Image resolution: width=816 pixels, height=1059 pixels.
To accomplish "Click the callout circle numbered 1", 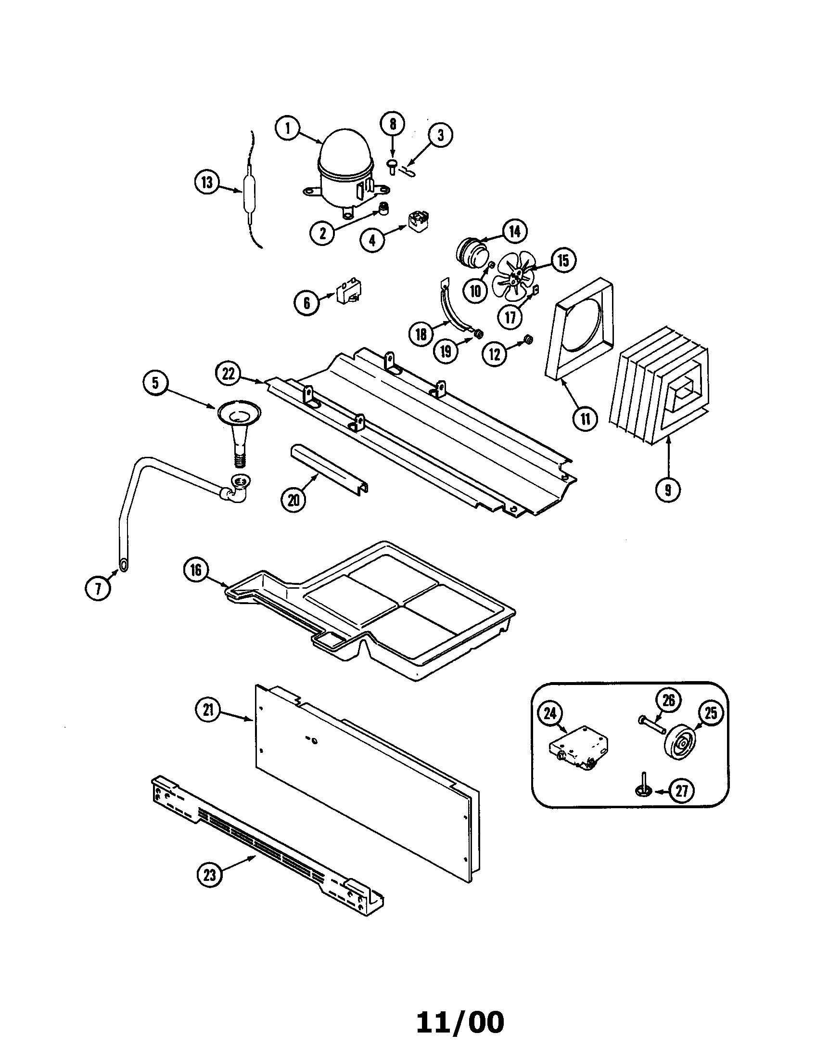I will coord(288,129).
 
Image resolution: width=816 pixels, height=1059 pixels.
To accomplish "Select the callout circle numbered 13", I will coord(207,183).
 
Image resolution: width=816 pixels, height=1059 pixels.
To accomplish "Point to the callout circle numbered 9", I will coord(668,491).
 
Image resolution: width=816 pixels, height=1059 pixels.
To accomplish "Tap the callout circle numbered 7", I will coord(98,589).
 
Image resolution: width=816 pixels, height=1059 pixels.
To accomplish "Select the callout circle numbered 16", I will coord(196,570).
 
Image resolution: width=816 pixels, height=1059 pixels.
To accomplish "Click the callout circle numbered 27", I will coord(681,791).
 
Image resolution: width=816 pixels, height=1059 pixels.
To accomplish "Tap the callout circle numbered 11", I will coord(586,418).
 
